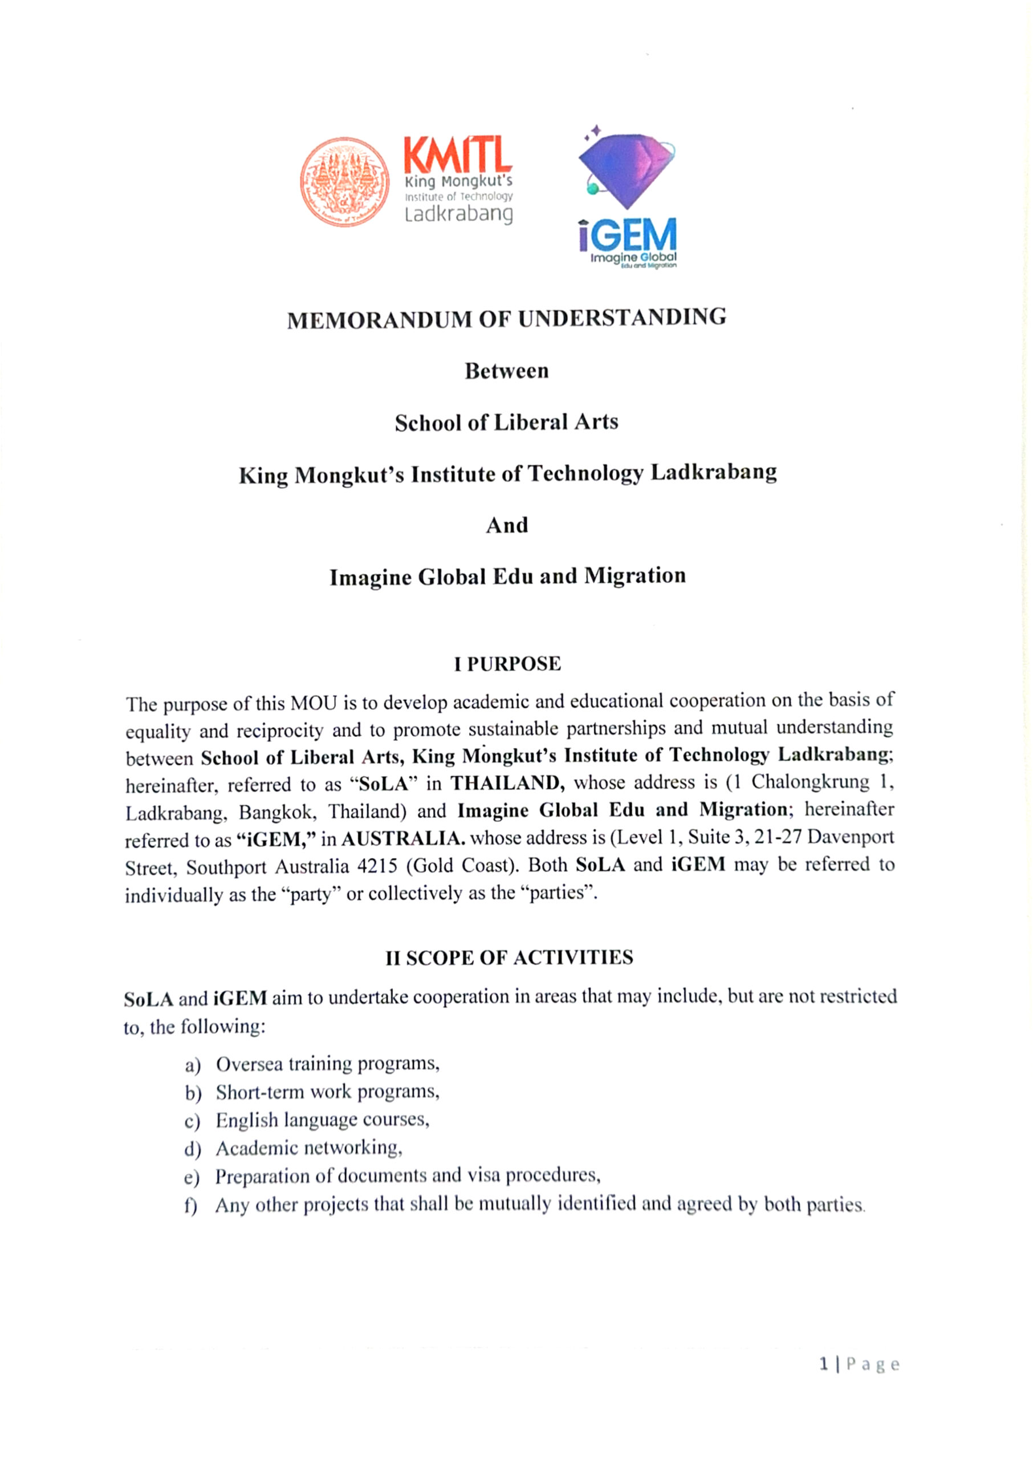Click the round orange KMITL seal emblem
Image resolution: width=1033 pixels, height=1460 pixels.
[344, 182]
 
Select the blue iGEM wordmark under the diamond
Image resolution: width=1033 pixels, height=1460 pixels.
[627, 236]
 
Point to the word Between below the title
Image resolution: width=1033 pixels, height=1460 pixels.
[506, 371]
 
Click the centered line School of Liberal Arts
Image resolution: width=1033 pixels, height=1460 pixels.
[506, 423]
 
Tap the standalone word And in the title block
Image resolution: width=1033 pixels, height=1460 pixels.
[506, 525]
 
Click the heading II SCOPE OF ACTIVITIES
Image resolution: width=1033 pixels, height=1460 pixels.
[509, 958]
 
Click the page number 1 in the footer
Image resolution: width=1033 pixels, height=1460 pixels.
[824, 1365]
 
